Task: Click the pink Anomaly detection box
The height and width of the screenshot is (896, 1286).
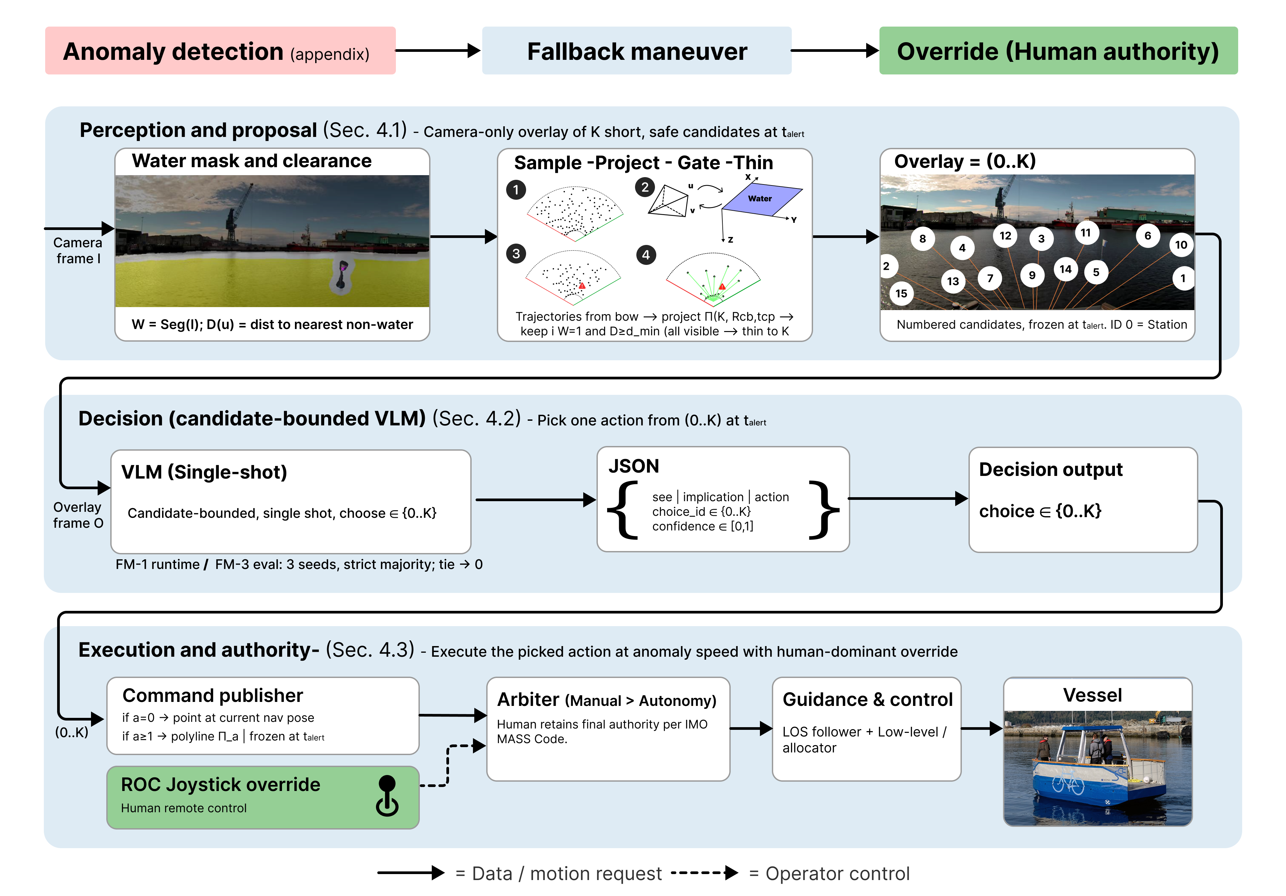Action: [x=220, y=51]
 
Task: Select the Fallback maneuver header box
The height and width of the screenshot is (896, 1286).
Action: [x=636, y=51]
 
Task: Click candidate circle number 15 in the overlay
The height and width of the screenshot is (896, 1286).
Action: [x=901, y=293]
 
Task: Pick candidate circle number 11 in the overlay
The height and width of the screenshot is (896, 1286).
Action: [x=1085, y=233]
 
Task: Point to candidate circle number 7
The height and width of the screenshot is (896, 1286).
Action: [x=990, y=278]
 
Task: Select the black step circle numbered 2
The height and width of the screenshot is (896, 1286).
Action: [x=645, y=187]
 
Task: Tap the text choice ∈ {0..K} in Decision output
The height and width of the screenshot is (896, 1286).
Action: [x=1040, y=511]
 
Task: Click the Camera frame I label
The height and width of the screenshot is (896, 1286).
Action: [x=78, y=251]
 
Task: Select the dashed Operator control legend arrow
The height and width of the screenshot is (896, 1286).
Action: [x=704, y=872]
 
